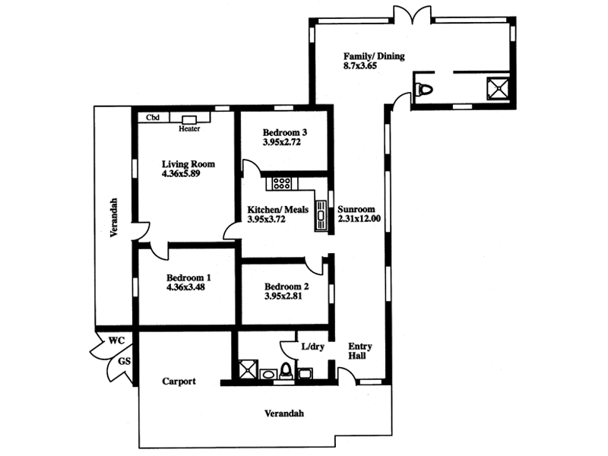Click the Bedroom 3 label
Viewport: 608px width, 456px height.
click(x=278, y=131)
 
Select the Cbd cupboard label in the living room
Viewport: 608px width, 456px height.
click(x=153, y=118)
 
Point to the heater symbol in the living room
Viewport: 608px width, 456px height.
click(x=189, y=119)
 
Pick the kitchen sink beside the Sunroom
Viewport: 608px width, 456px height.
click(x=321, y=215)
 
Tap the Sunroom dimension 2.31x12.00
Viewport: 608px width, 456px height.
click(x=359, y=219)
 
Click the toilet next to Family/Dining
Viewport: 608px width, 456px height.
click(x=425, y=89)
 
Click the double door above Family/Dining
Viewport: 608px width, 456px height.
click(x=407, y=14)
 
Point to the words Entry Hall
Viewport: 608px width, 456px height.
click(x=359, y=350)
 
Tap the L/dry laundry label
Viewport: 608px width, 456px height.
click(x=312, y=346)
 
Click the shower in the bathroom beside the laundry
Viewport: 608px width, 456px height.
click(x=246, y=370)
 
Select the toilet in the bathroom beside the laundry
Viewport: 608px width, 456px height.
click(x=286, y=371)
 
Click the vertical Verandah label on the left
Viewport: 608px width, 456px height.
click(x=112, y=218)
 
